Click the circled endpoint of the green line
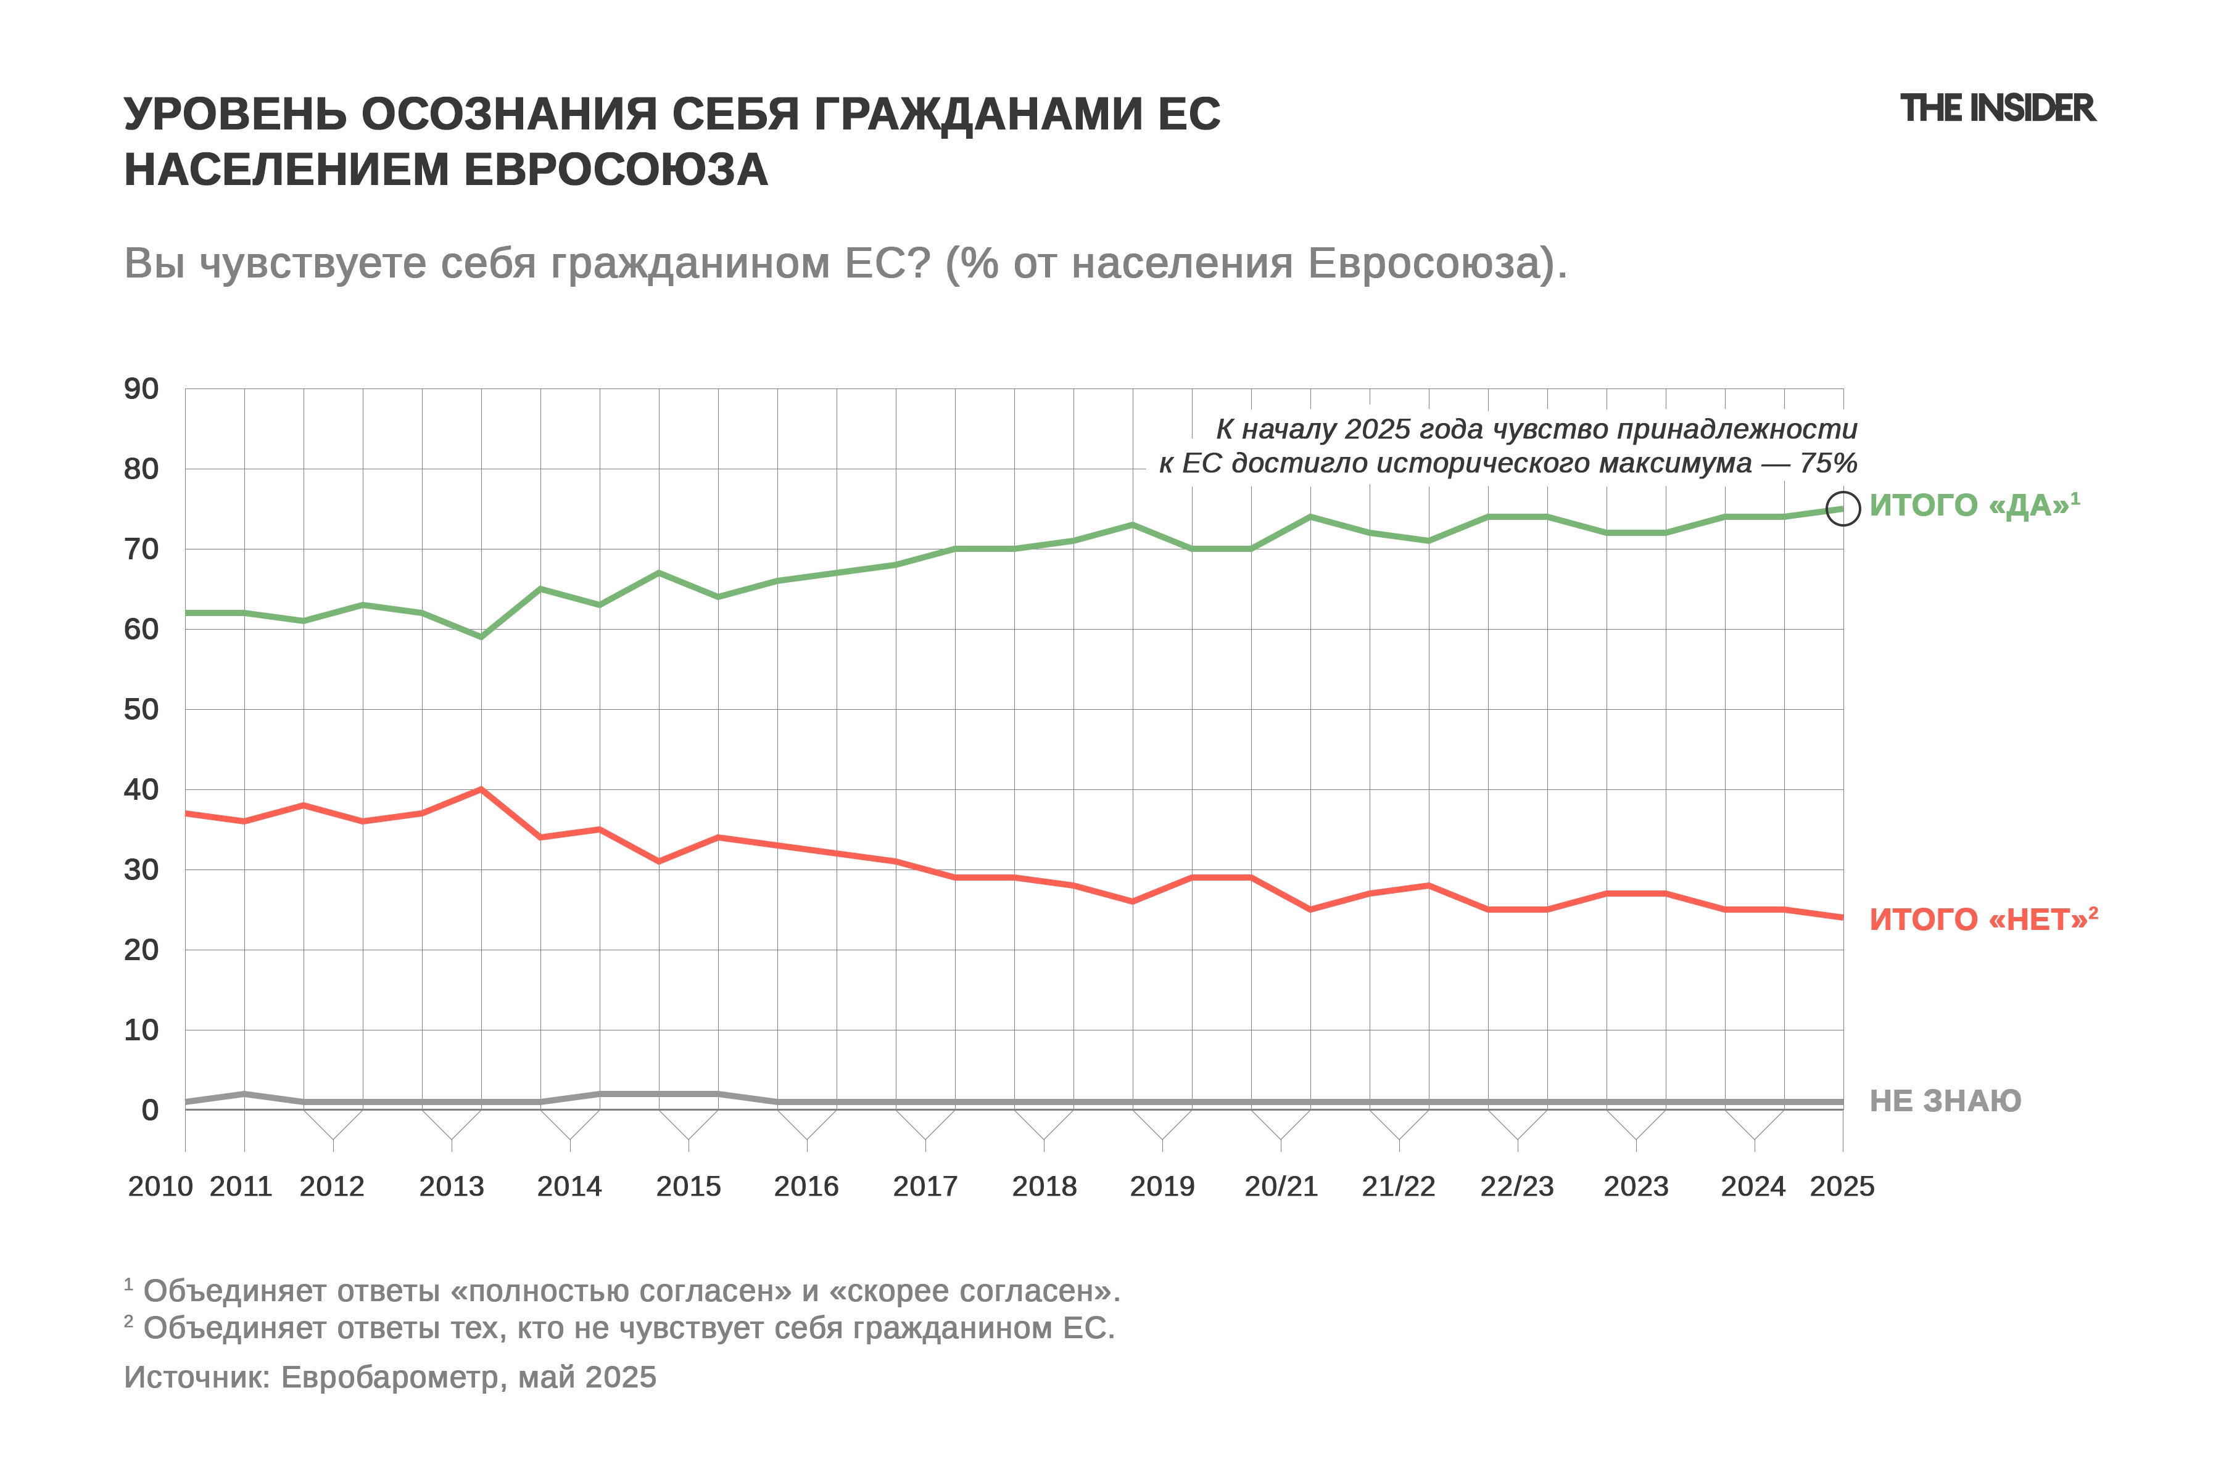pos(1842,509)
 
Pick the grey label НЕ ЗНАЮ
pos(1945,1101)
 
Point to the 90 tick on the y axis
pos(142,389)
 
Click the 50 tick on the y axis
pos(142,710)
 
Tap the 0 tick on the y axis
pos(150,1110)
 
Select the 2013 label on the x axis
pos(452,1186)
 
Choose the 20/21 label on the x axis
pos(1281,1186)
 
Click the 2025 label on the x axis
pos(1842,1186)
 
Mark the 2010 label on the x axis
pos(160,1186)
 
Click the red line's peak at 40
pos(482,789)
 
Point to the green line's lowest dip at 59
pos(482,637)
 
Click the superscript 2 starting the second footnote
pos(128,1322)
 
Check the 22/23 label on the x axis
pos(1516,1186)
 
